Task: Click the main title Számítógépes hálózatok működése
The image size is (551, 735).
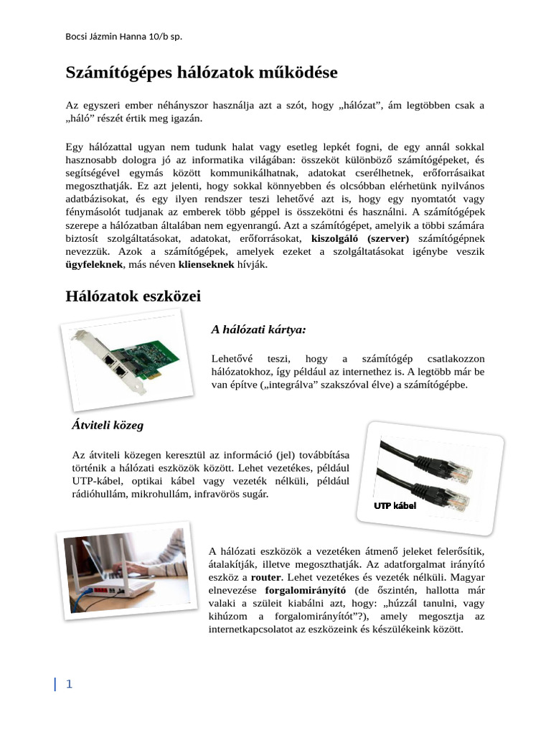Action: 202,72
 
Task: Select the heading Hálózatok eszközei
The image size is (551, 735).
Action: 133,296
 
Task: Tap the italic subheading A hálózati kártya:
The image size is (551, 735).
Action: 258,329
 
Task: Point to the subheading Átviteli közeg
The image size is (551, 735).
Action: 108,425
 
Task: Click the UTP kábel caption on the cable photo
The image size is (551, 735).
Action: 395,506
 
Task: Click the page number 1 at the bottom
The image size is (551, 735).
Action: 69,684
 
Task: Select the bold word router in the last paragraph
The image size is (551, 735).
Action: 265,576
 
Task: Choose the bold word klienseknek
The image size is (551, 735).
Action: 207,265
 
